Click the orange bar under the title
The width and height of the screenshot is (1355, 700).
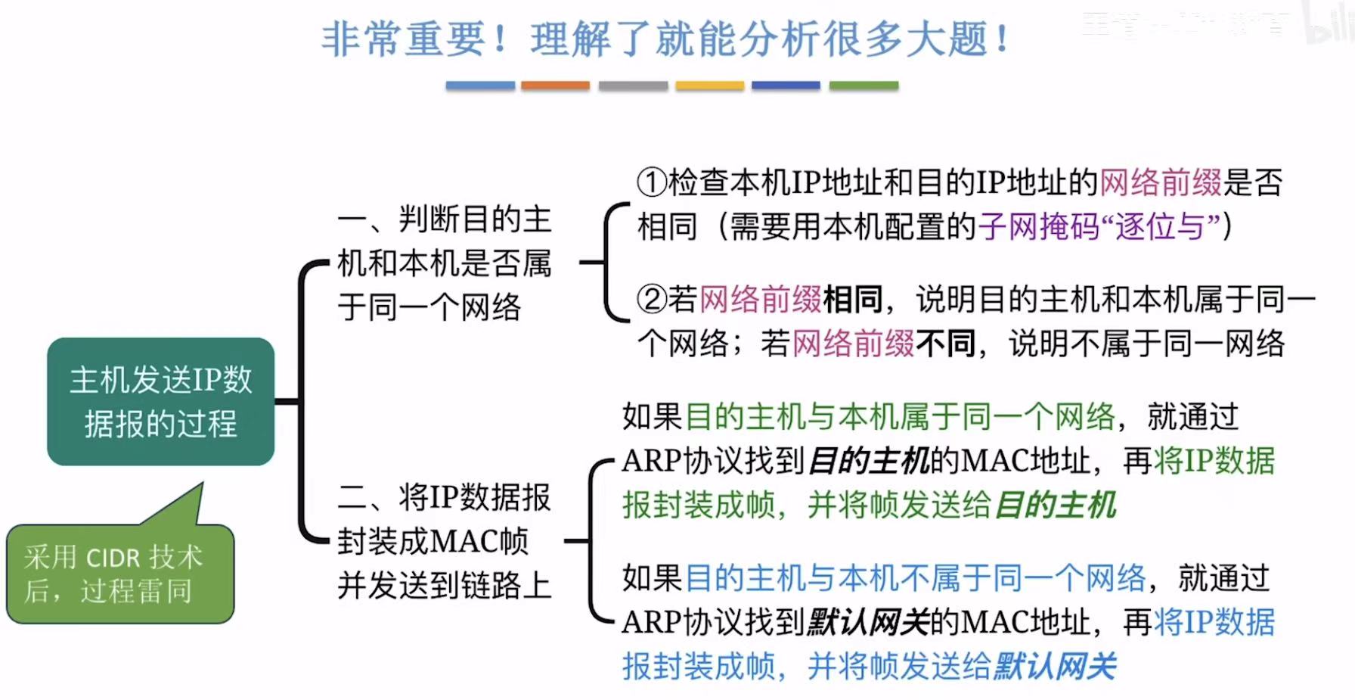click(555, 86)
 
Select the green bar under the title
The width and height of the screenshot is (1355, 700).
click(864, 86)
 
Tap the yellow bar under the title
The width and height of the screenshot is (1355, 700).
click(709, 86)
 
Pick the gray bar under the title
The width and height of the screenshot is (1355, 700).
click(633, 86)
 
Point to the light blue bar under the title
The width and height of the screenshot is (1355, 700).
click(480, 86)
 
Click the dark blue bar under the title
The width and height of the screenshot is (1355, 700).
click(786, 86)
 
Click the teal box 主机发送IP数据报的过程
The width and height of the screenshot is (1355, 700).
click(160, 401)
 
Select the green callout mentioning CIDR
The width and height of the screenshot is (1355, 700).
click(119, 574)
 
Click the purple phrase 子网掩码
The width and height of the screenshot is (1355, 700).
click(1038, 226)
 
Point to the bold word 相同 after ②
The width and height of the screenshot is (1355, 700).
click(853, 300)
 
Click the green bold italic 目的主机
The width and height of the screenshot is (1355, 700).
click(1056, 505)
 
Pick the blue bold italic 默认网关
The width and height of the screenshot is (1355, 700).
click(1056, 667)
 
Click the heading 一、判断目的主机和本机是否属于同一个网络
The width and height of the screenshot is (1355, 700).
click(445, 263)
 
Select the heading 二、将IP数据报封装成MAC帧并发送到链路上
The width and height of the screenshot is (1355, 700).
click(445, 541)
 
